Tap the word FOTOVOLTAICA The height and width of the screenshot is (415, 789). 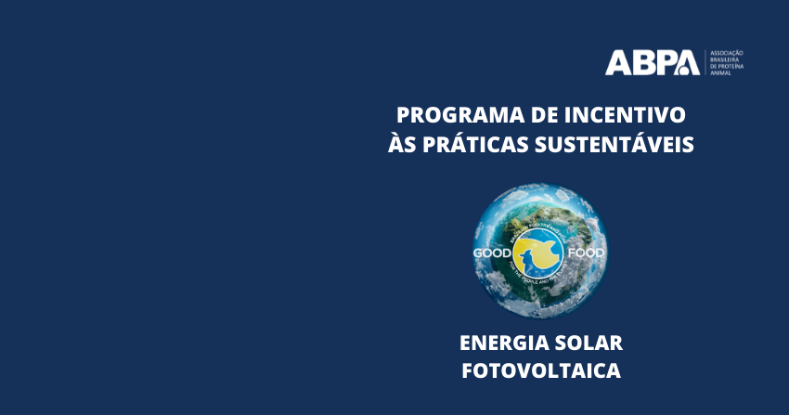point(541,370)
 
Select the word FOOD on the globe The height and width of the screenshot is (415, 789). point(587,253)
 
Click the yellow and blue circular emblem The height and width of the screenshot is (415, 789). point(539,253)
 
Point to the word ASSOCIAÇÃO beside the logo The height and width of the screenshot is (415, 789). point(727,54)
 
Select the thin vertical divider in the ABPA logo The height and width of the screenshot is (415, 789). point(705,63)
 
